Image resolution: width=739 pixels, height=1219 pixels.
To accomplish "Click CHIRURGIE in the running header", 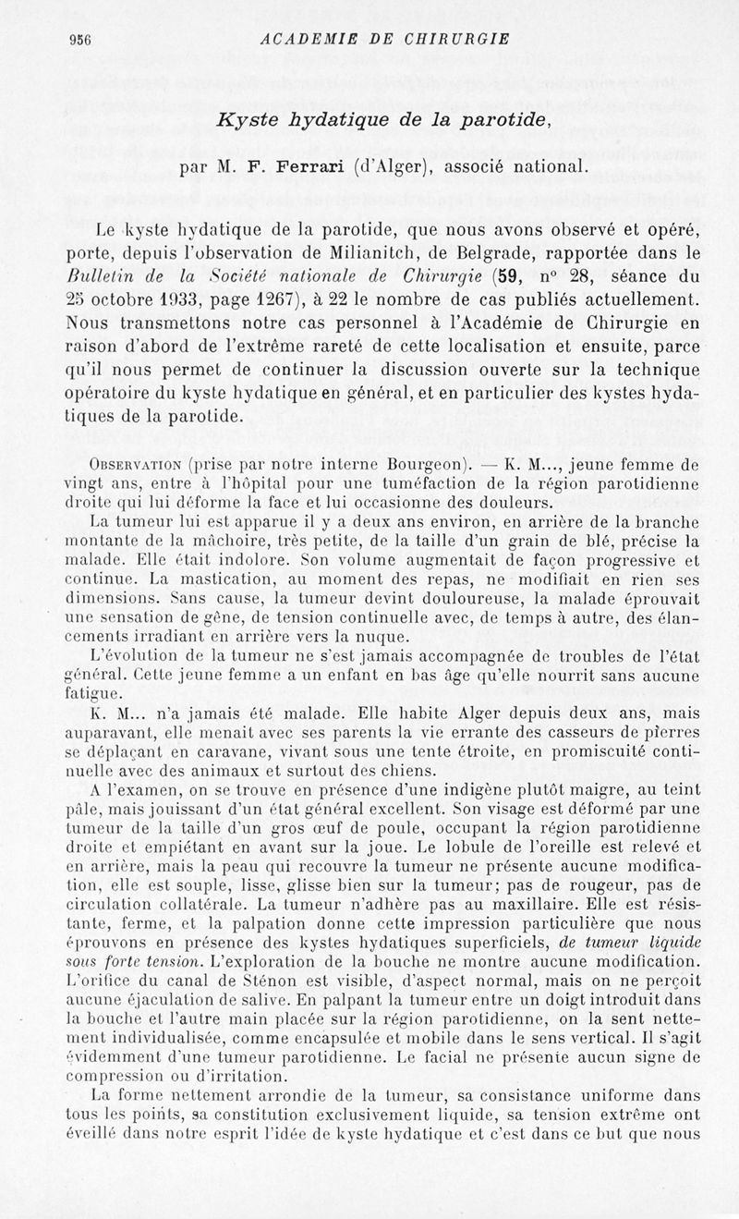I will click(451, 39).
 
